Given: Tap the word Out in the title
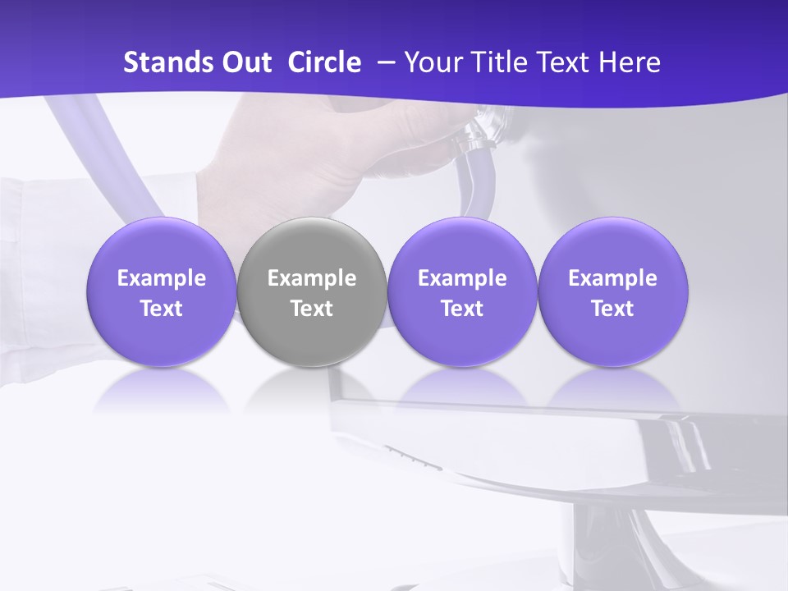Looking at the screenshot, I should (245, 62).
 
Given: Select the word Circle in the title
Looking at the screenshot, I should (324, 62).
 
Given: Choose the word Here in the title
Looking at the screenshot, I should (630, 62).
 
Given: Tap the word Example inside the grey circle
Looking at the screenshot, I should (312, 278).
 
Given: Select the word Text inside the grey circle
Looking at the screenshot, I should (312, 309).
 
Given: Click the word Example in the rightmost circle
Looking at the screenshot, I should (613, 278).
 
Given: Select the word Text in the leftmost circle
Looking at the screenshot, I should (161, 309).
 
